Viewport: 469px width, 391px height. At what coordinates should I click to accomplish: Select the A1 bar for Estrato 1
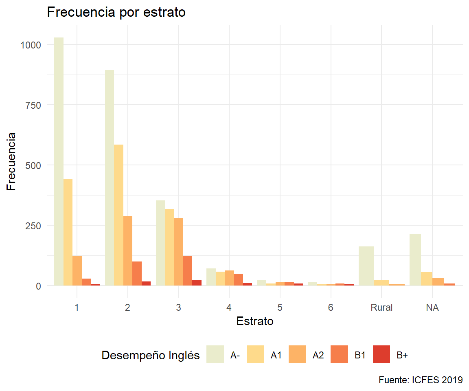[68, 232]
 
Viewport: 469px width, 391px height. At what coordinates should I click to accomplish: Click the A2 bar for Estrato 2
[128, 250]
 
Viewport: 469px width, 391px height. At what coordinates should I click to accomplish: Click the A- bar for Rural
[366, 266]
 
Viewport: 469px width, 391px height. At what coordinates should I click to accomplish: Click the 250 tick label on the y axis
[33, 225]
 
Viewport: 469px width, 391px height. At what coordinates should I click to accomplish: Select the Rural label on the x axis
[381, 308]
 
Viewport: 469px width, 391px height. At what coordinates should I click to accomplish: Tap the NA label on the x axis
[432, 308]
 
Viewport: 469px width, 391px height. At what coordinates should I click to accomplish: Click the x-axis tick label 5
[280, 308]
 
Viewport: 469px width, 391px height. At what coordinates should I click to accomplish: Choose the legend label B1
[360, 355]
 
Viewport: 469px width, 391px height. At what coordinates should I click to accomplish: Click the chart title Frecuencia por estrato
[116, 12]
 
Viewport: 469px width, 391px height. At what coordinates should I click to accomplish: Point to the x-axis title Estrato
[255, 321]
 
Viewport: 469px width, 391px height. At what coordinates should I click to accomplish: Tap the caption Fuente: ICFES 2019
[421, 380]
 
